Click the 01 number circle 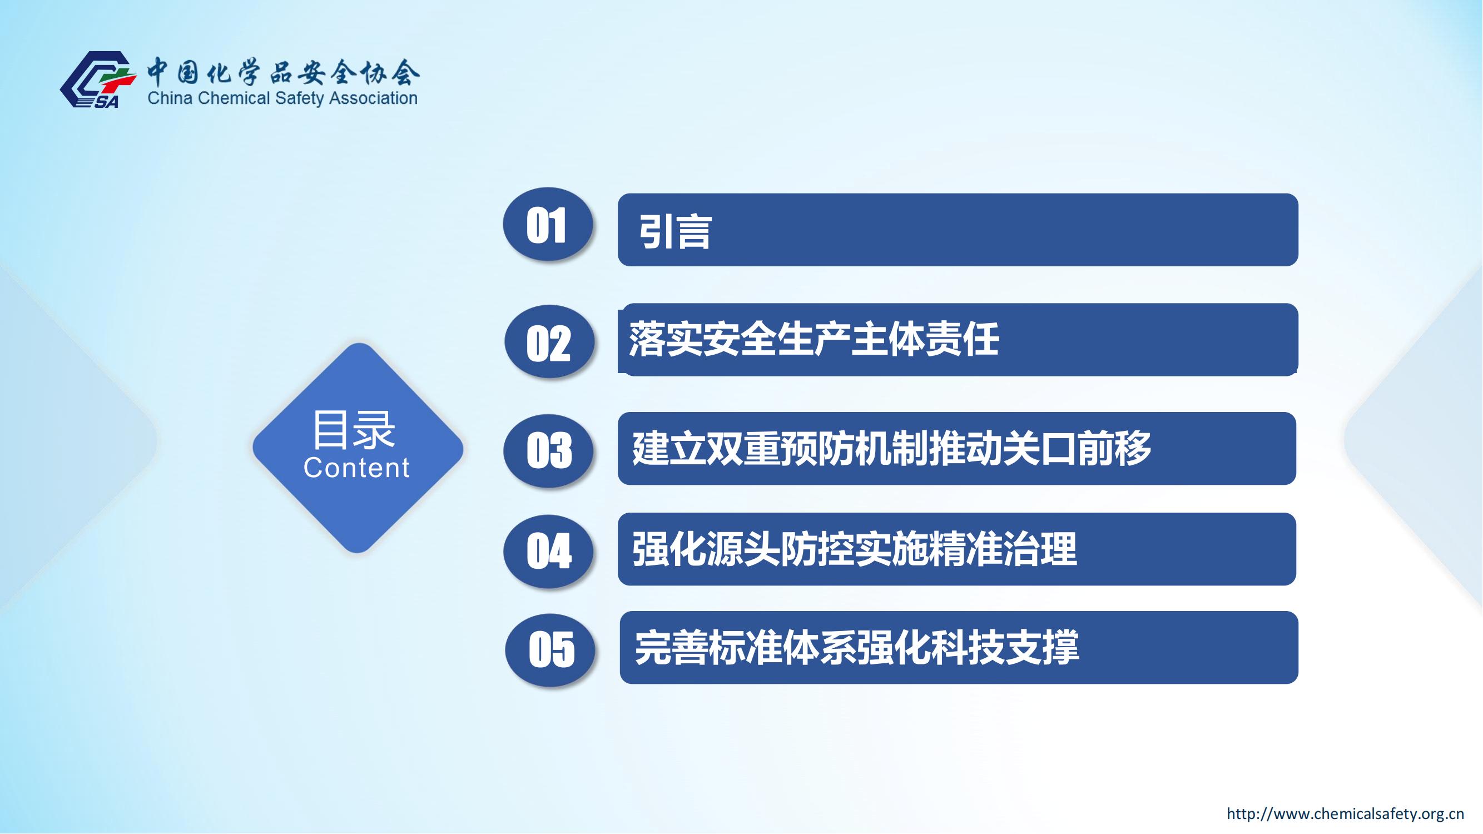(548, 224)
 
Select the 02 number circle (549, 342)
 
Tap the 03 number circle (548, 451)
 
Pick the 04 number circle (548, 552)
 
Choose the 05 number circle (550, 650)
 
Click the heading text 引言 (674, 232)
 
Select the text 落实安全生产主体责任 (814, 339)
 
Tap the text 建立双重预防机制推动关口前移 (892, 448)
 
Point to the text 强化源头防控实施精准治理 (854, 549)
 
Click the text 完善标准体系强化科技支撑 (857, 648)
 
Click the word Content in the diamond (356, 468)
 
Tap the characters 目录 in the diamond (354, 429)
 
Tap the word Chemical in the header (234, 98)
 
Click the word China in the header (170, 98)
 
